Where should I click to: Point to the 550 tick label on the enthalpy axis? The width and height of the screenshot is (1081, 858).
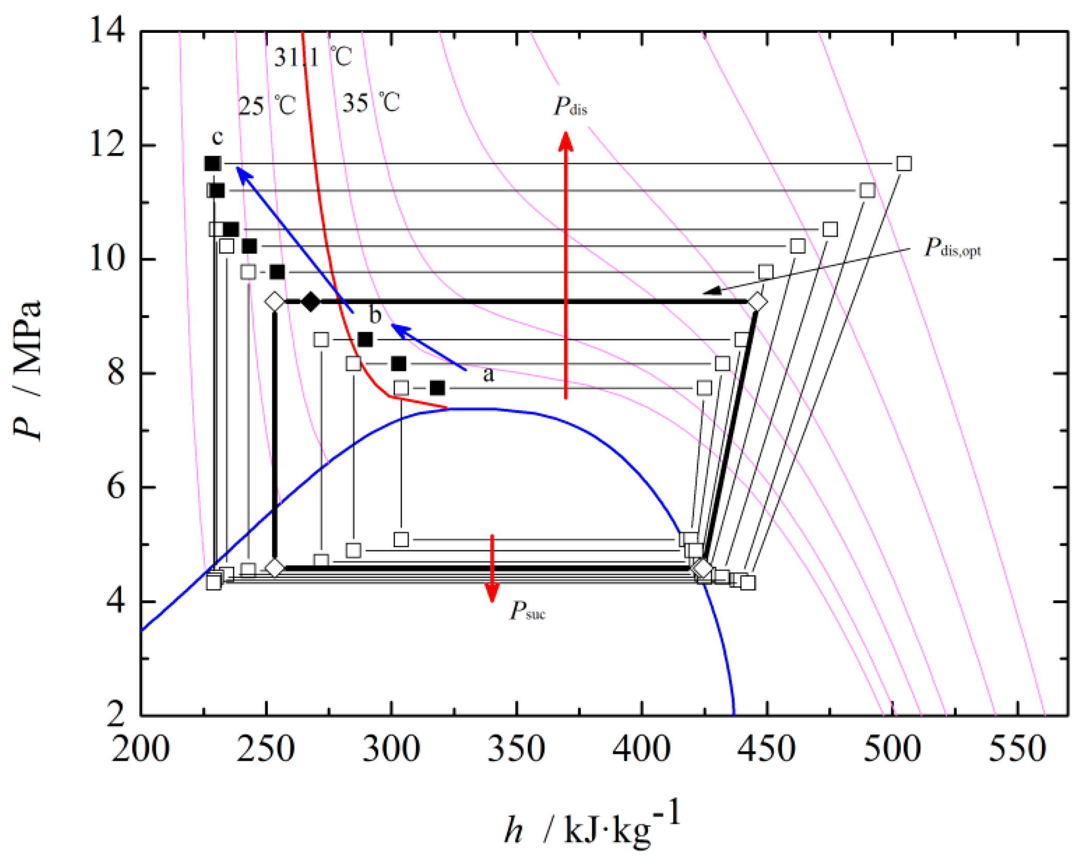[x=1017, y=749]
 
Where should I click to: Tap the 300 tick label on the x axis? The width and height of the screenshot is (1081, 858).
[x=391, y=749]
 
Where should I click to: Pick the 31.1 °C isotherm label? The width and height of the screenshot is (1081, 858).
[x=312, y=56]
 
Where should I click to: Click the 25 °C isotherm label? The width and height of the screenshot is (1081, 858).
[x=267, y=106]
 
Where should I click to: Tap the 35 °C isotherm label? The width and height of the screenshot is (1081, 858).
[x=370, y=103]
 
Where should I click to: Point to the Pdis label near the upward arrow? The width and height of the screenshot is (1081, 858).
[x=570, y=107]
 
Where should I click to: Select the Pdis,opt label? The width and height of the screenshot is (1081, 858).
[x=952, y=248]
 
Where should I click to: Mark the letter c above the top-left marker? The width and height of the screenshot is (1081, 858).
[x=218, y=137]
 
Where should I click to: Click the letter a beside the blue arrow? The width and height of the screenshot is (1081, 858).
[x=488, y=375]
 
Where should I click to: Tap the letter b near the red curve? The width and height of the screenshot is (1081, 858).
[x=376, y=315]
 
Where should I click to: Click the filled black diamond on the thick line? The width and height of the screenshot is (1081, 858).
[x=310, y=302]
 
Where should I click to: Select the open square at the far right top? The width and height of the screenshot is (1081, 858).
[x=904, y=164]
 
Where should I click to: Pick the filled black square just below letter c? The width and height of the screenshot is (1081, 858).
[x=213, y=164]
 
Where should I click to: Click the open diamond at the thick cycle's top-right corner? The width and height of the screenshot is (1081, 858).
[x=757, y=302]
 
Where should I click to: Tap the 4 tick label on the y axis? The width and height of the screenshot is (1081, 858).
[x=115, y=601]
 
